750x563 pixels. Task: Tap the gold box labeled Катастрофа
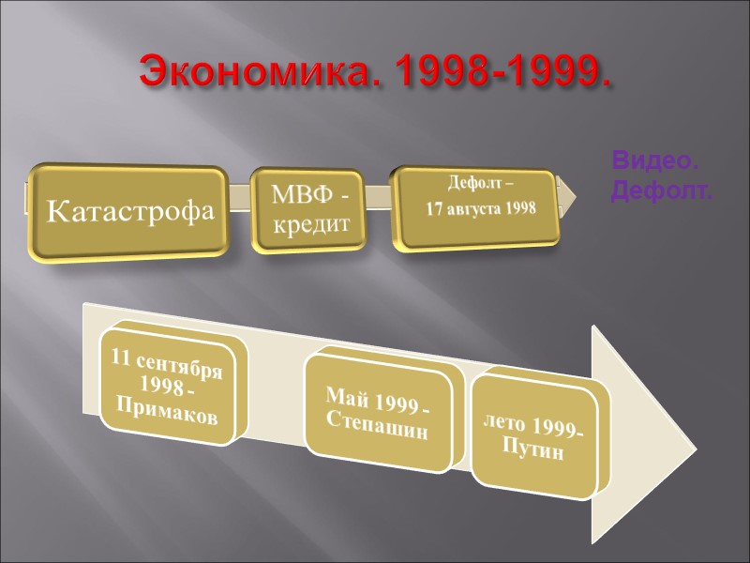point(127,213)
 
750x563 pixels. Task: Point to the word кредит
point(309,225)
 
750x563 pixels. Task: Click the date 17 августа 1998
point(482,209)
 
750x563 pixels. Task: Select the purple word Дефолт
point(661,193)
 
